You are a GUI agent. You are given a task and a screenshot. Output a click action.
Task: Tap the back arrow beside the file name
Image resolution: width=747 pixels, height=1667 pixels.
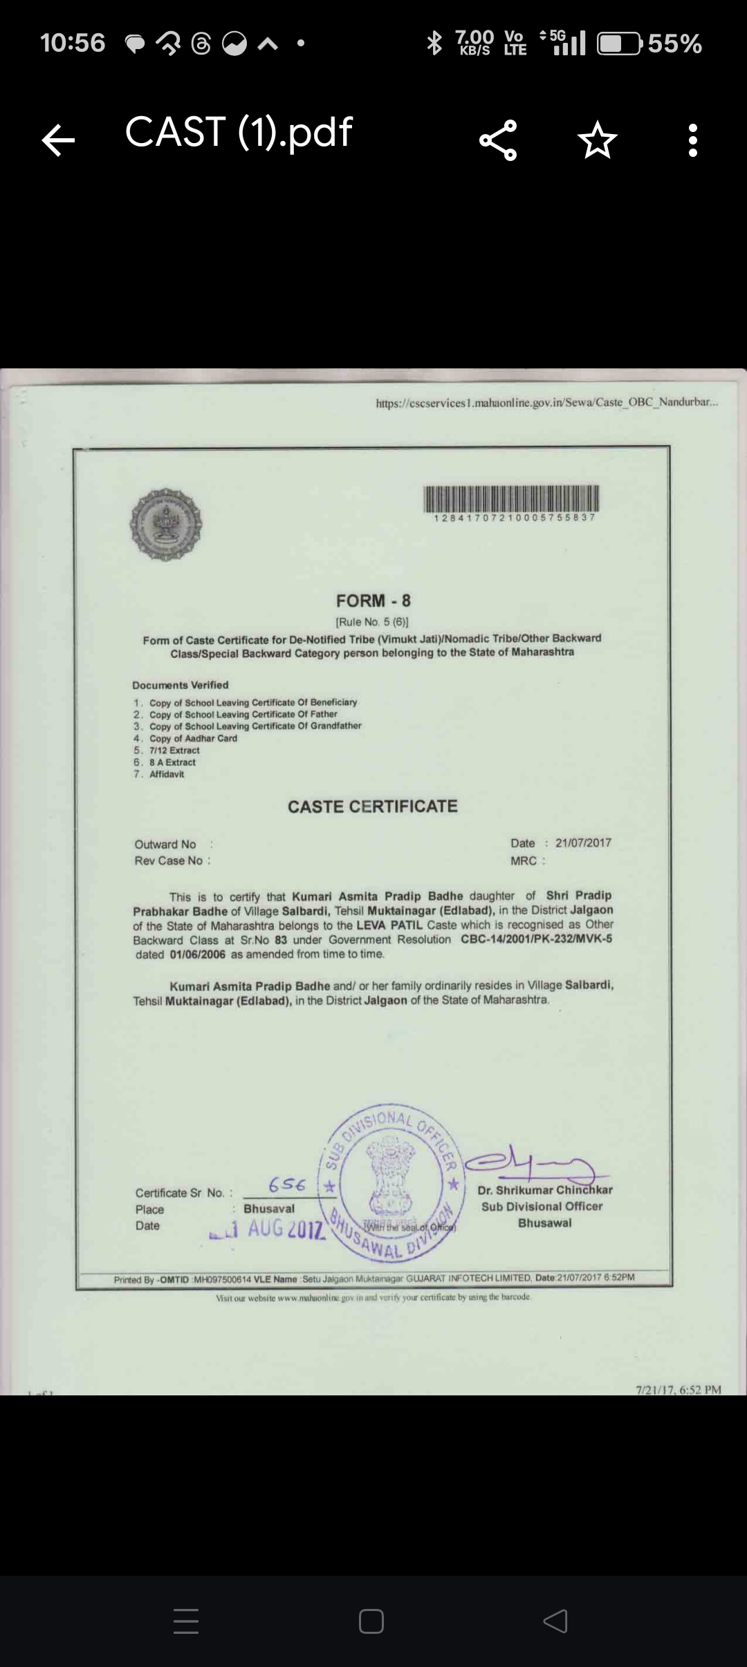[58, 140]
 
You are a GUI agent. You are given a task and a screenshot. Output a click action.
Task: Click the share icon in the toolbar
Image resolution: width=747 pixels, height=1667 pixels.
[498, 140]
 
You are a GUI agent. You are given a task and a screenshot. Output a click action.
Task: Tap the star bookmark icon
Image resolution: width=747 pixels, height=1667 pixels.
[597, 140]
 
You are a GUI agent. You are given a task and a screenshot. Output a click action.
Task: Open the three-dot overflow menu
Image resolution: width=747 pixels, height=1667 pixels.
[693, 140]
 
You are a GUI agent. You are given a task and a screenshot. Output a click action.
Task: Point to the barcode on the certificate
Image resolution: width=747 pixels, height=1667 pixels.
[511, 498]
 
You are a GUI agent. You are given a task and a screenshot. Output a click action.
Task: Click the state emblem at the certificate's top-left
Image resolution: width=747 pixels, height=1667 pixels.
[166, 524]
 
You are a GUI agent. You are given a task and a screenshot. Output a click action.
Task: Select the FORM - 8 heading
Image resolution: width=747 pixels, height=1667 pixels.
[373, 601]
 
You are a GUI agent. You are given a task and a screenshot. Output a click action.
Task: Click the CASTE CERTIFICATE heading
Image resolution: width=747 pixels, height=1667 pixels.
[373, 807]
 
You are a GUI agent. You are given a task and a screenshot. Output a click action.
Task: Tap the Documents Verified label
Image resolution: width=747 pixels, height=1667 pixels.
[181, 685]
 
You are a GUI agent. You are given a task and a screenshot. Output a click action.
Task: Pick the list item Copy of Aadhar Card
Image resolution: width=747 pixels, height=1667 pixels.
[193, 738]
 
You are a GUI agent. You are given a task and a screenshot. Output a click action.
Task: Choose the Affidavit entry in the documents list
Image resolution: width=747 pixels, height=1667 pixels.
[167, 774]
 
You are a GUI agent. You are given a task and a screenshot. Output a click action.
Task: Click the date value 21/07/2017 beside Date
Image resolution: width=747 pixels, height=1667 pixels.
[583, 842]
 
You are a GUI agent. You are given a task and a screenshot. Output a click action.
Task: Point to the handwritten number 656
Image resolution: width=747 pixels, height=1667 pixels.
[287, 1185]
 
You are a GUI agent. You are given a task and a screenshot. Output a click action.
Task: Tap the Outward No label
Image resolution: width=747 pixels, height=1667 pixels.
[165, 845]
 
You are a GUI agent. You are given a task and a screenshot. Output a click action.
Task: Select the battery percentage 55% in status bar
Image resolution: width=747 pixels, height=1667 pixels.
[674, 44]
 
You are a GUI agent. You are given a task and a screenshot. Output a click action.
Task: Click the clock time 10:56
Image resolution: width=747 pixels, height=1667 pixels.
[73, 43]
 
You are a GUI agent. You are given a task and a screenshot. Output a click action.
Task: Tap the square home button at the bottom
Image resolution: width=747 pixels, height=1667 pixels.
[371, 1621]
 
